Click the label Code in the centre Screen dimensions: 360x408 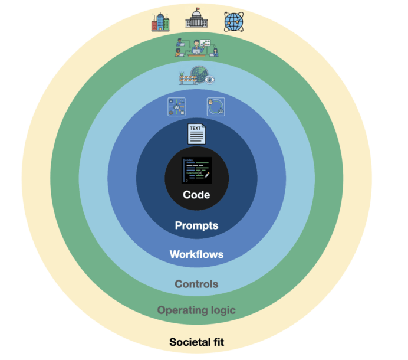196,195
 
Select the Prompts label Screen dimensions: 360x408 196,225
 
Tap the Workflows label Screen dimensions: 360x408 196,254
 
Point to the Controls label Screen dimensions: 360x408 196,284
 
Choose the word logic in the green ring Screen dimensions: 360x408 223,310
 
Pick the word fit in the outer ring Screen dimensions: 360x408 218,342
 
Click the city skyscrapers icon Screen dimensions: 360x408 160,22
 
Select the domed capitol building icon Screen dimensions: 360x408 196,20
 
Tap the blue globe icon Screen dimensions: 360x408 233,21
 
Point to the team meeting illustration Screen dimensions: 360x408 196,47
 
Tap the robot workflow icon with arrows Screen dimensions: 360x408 176,107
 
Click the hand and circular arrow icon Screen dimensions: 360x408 216,107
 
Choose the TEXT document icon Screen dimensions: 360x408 196,134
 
